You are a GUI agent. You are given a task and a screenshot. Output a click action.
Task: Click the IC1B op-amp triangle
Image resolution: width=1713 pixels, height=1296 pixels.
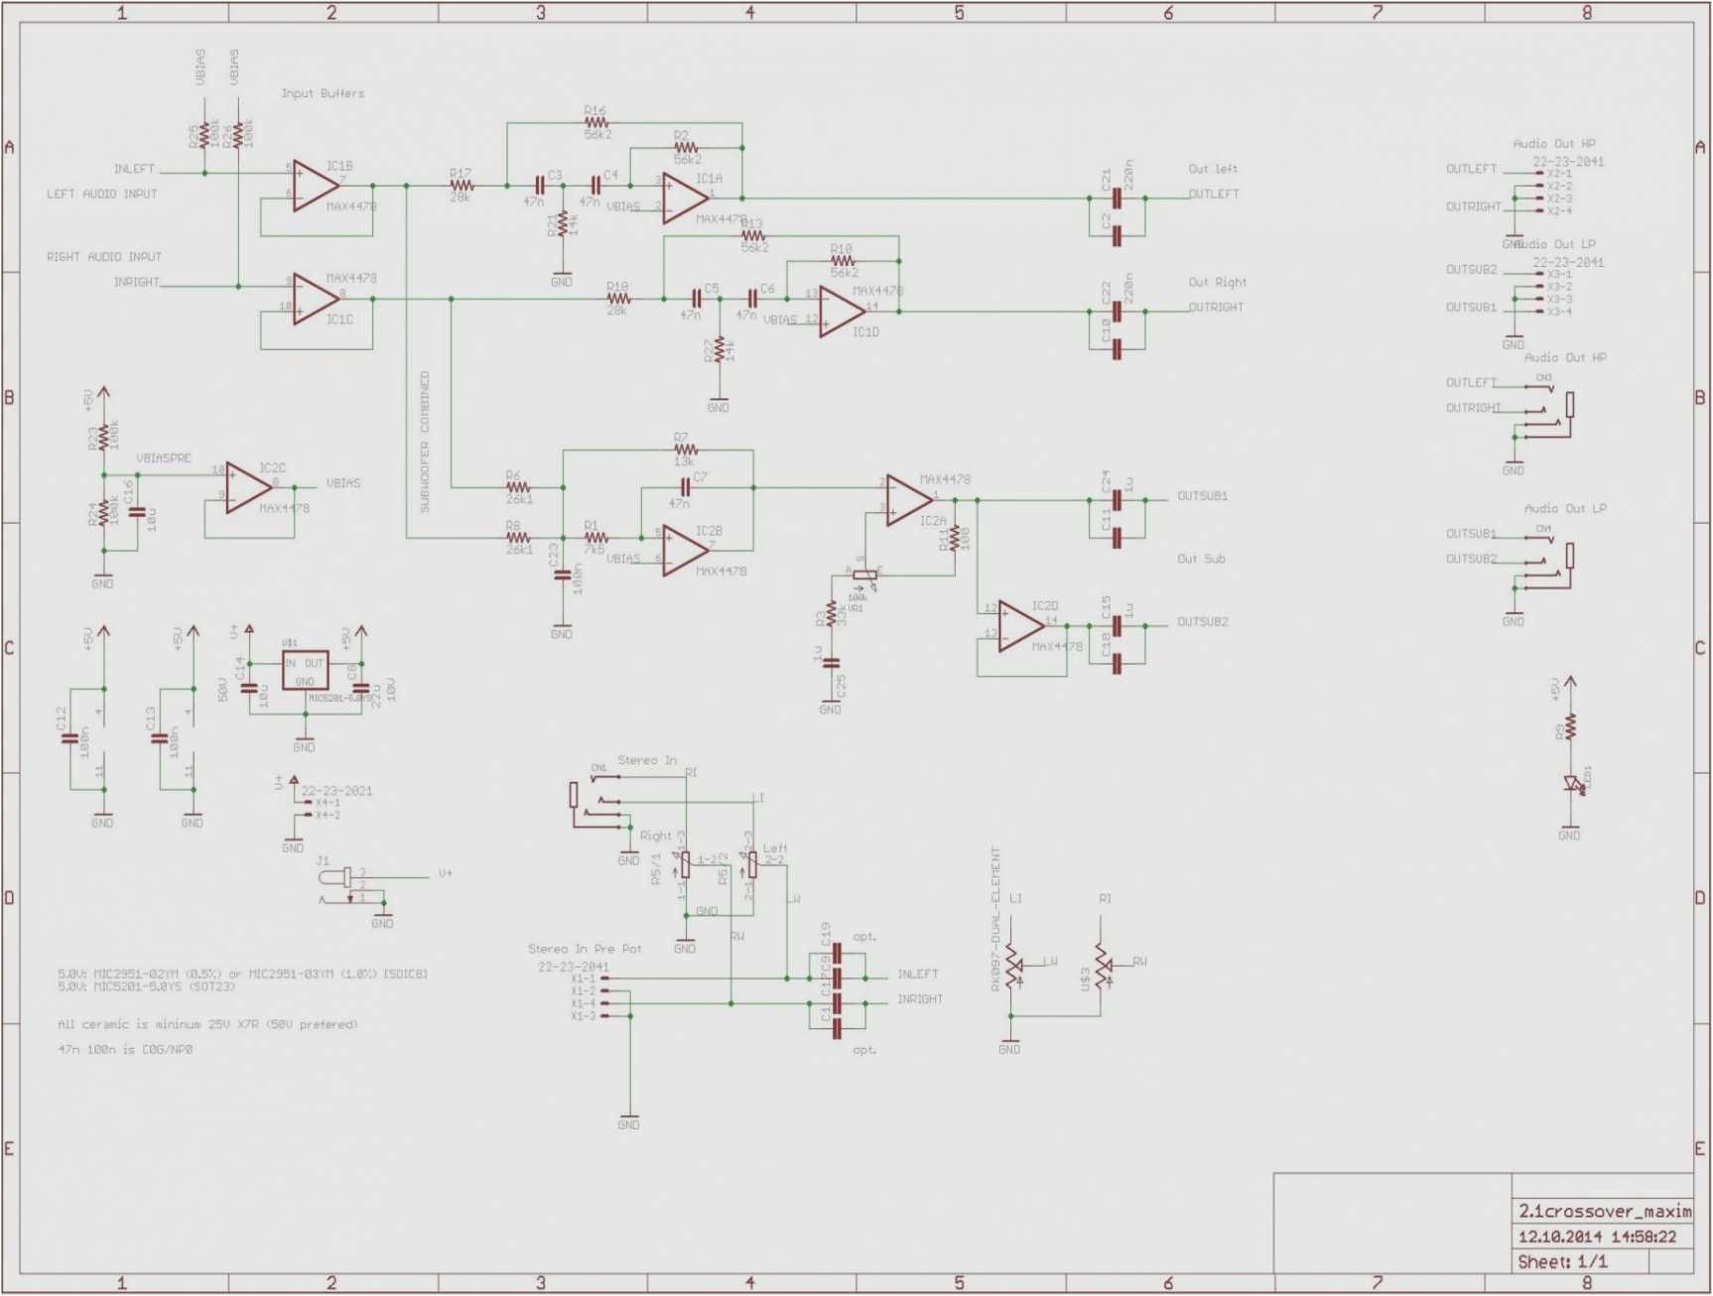tap(315, 186)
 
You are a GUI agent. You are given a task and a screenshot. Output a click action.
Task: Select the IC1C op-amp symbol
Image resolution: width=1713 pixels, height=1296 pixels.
tap(315, 299)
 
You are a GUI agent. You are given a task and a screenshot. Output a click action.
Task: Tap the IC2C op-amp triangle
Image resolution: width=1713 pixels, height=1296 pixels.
tap(248, 487)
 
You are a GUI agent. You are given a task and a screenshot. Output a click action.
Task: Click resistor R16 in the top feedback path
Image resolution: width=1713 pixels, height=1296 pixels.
tap(595, 123)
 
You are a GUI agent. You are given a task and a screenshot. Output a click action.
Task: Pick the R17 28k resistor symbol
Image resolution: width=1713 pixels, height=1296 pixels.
tap(461, 186)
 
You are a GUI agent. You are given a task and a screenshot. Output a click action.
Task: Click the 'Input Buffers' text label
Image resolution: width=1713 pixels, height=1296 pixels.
tap(323, 93)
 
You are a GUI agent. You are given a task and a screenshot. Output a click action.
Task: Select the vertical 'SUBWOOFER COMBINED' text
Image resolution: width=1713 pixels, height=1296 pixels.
tap(425, 442)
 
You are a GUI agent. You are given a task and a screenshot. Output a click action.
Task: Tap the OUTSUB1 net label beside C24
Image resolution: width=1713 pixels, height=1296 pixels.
tap(1202, 495)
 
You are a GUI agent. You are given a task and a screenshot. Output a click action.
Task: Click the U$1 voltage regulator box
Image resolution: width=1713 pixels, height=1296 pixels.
tap(305, 671)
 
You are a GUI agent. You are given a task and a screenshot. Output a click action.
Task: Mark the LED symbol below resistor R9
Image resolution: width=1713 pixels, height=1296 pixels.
tap(1571, 784)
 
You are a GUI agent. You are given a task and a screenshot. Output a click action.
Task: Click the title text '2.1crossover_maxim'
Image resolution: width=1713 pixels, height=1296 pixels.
tap(1604, 1211)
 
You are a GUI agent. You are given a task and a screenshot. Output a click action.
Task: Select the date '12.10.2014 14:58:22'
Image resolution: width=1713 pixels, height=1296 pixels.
tap(1596, 1236)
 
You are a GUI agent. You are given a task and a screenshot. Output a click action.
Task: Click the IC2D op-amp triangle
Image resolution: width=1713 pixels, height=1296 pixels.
tap(1020, 626)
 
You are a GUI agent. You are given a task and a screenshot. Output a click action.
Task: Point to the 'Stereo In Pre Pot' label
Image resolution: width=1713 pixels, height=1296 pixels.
tap(585, 949)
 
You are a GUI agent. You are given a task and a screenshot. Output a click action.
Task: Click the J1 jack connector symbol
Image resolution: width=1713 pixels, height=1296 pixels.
tap(340, 878)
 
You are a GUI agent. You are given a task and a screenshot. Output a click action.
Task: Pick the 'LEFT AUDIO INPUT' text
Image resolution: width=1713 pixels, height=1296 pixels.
tap(101, 194)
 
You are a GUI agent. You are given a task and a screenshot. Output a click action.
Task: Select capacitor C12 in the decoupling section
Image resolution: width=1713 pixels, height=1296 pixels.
tap(70, 739)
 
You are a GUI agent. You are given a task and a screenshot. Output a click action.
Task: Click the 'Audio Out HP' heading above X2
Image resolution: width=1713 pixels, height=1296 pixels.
tap(1553, 144)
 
